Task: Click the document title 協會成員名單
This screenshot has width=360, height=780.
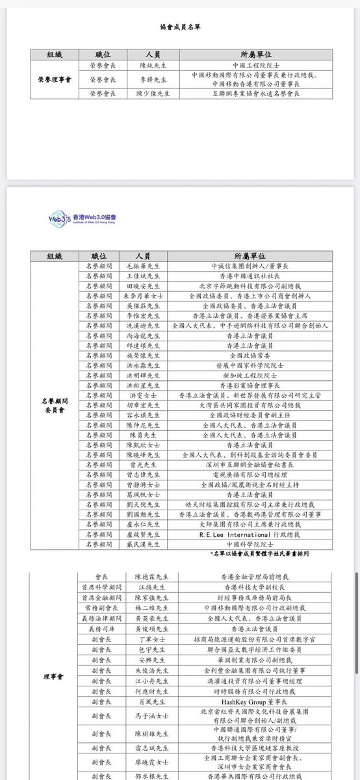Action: (179, 28)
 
